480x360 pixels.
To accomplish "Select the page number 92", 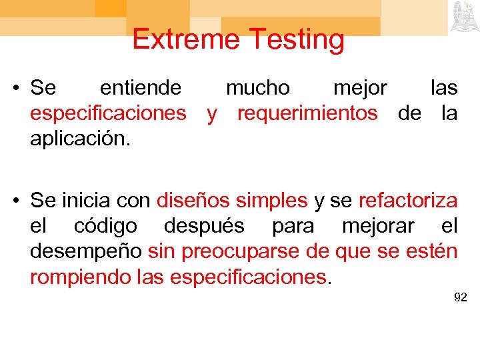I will (460, 297).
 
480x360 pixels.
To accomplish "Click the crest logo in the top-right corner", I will (462, 17).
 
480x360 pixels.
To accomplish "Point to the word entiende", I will (140, 88).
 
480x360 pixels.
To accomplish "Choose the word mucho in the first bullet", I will (258, 88).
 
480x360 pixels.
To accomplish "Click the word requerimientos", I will (307, 114).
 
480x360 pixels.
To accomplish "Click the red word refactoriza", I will (408, 201).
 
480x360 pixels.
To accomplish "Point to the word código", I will (105, 227).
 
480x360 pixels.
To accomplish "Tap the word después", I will (204, 227).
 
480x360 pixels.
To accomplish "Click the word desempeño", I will (85, 252).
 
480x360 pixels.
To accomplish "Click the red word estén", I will (432, 252).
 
